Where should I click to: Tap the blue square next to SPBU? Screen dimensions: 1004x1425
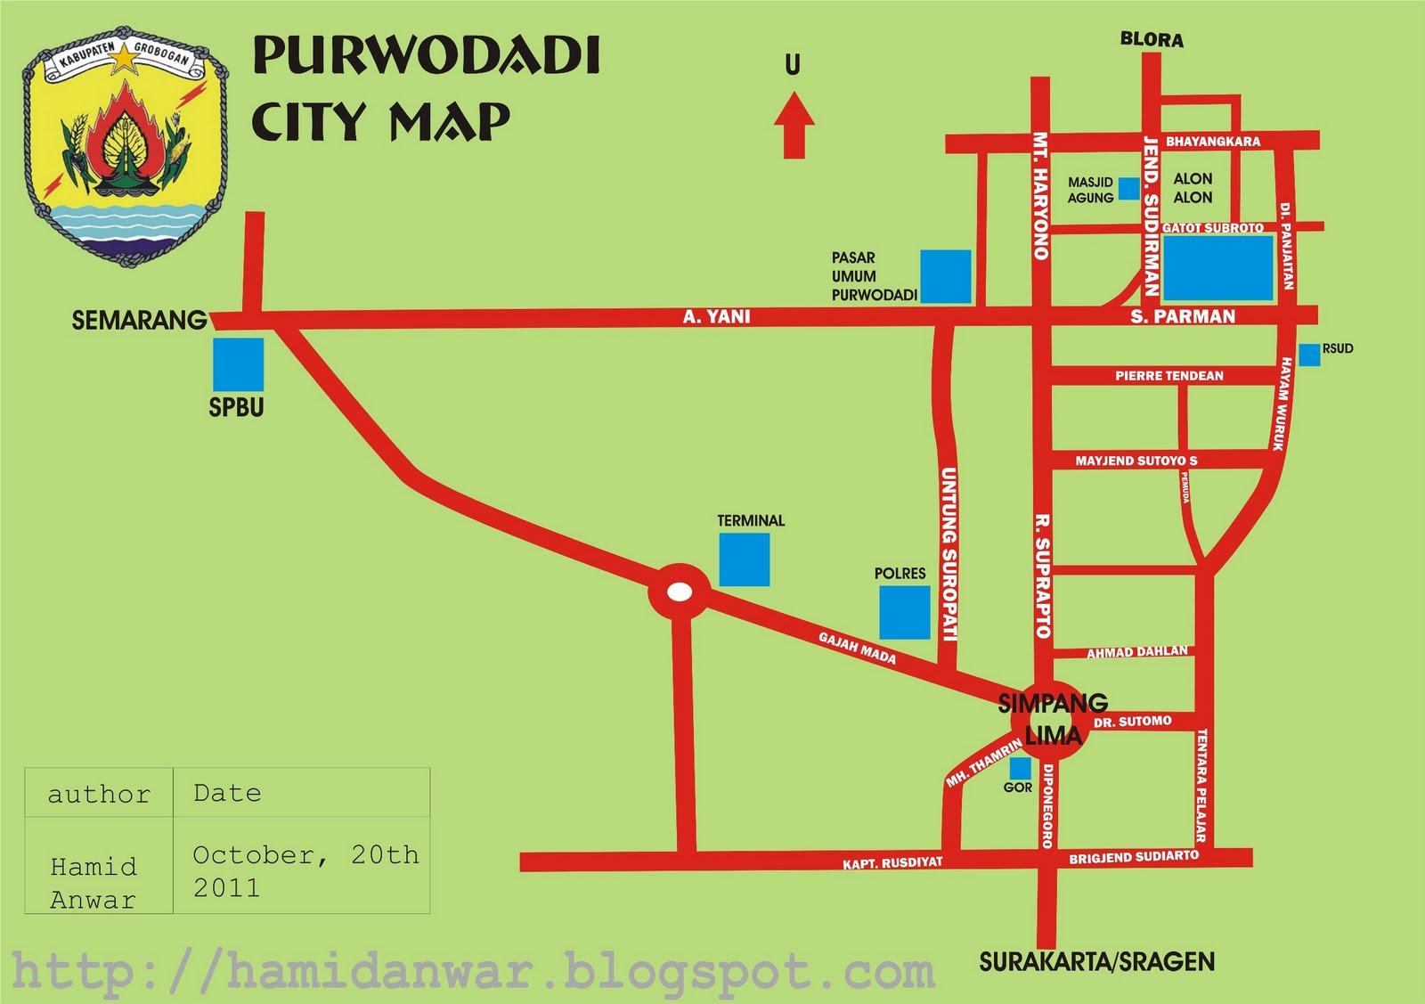pos(238,363)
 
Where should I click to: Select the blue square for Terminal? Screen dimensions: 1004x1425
pos(744,559)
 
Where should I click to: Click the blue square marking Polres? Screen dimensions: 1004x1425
pos(904,612)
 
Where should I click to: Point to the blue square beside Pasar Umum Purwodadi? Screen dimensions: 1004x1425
pos(945,276)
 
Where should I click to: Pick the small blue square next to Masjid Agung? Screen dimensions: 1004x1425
pos(1128,188)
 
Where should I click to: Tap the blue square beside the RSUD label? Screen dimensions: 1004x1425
pos(1309,355)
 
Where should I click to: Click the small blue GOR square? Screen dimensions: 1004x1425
pos(1019,768)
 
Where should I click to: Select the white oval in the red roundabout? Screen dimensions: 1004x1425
pos(680,592)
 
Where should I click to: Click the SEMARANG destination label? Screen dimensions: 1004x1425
pos(139,321)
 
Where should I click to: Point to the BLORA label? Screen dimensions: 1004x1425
pos(1152,40)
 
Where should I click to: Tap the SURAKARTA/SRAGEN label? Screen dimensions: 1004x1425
pos(1096,962)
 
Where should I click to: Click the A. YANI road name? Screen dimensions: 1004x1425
pos(716,316)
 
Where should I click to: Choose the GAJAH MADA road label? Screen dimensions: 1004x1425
pos(857,648)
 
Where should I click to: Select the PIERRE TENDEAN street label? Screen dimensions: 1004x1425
pos(1168,376)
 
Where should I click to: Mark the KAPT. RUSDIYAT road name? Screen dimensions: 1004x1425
pos(892,863)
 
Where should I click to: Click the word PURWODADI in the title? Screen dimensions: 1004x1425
pos(427,56)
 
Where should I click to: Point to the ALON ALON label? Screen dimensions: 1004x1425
pos(1193,188)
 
